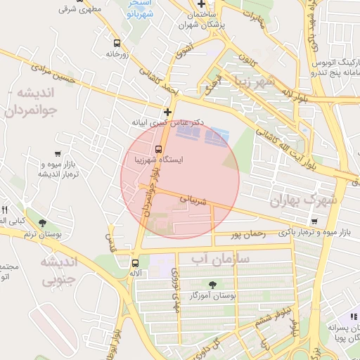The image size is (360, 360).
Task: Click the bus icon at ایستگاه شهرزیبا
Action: (x=158, y=149)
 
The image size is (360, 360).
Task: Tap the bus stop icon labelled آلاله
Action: (x=134, y=263)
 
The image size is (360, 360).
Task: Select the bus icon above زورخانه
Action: (x=116, y=43)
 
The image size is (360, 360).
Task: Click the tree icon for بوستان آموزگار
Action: (x=213, y=285)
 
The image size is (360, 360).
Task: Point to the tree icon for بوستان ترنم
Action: (x=43, y=224)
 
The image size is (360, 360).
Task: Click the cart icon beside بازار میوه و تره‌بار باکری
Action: (x=314, y=221)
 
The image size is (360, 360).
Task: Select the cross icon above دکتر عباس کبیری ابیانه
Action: (x=167, y=111)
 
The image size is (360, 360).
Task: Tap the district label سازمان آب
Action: (x=214, y=259)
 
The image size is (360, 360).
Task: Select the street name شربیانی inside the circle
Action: (x=193, y=200)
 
